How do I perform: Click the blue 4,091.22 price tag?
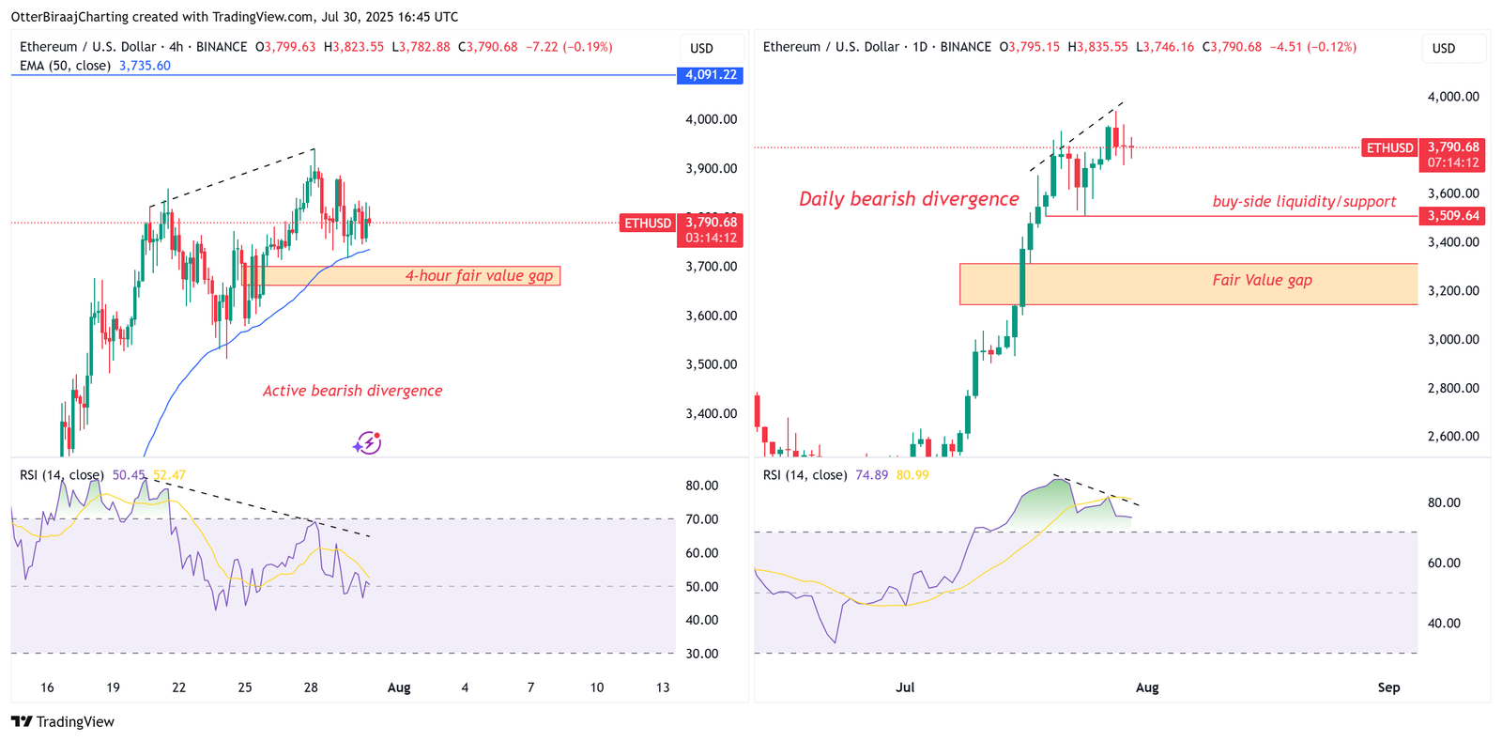coord(710,75)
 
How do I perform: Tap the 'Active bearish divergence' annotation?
coord(352,391)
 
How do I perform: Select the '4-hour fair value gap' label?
coord(479,276)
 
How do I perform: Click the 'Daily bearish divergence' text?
coord(908,199)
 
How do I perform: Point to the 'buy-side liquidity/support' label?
coord(1303,202)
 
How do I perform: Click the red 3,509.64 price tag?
coord(1453,216)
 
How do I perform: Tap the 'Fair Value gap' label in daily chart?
coord(1262,280)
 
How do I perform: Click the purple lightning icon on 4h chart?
coord(367,443)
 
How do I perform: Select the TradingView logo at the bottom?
coord(63,721)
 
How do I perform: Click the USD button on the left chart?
coord(702,48)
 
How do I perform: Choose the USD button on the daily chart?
coord(1444,48)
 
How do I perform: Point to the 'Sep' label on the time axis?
coord(1388,687)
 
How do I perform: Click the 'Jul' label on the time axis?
coord(905,687)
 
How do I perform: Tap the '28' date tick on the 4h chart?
coord(311,687)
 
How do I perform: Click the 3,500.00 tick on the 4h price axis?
coord(711,364)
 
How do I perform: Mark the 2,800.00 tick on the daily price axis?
coord(1453,388)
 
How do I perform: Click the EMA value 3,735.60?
coord(145,66)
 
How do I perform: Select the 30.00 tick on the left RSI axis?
coord(702,654)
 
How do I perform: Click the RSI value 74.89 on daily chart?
coord(871,475)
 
